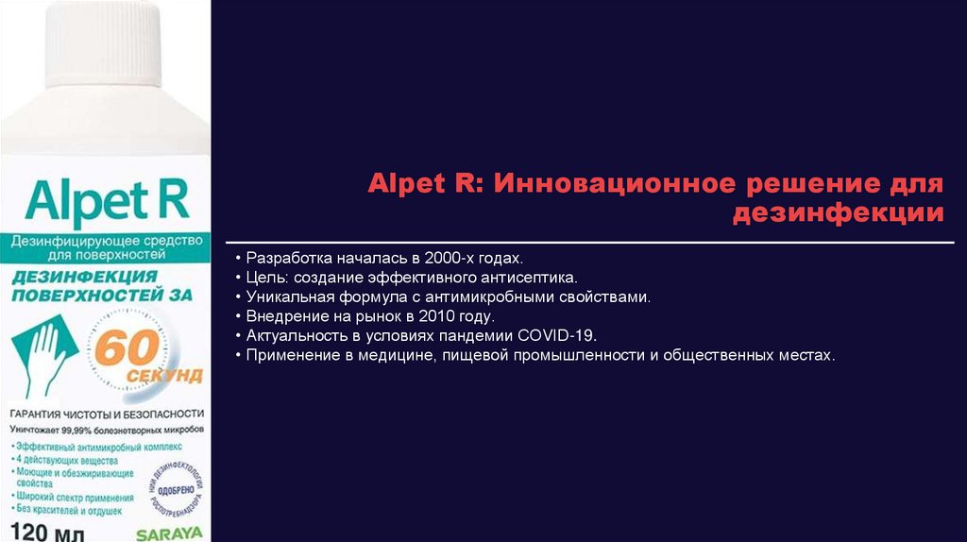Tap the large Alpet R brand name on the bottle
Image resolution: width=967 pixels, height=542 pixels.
[107, 201]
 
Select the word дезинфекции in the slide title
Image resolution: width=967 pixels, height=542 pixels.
[837, 212]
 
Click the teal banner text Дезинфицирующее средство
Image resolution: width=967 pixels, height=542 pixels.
[106, 242]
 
